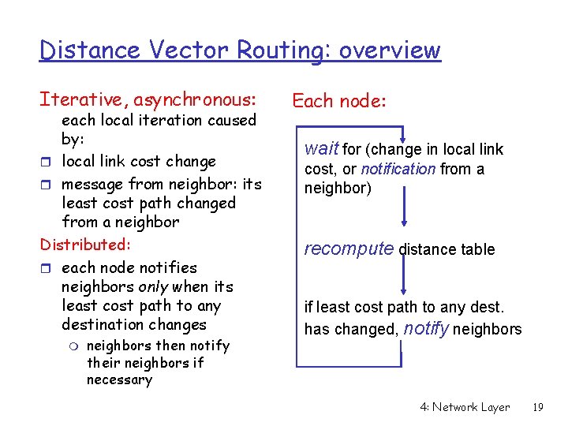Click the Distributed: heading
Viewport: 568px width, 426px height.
[85, 245]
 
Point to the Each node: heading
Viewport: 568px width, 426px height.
[339, 100]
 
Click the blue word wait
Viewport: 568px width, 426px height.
[321, 148]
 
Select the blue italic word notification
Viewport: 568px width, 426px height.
[398, 169]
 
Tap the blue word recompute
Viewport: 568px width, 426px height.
[349, 248]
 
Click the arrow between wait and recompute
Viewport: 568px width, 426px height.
[404, 207]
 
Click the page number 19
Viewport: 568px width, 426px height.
[538, 407]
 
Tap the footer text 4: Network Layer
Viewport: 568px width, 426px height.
[465, 407]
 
